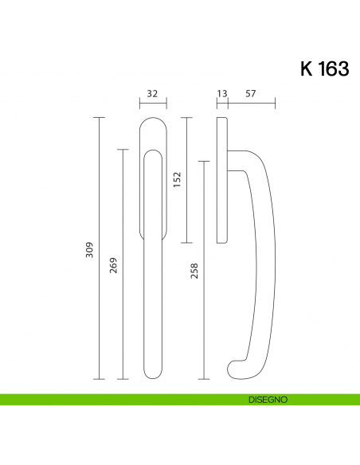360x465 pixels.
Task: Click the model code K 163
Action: coord(324,69)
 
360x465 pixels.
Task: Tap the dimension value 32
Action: coord(153,94)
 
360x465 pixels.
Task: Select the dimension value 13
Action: coord(222,94)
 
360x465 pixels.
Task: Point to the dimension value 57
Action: coord(251,94)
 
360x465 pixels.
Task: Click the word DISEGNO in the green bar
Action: coord(266,399)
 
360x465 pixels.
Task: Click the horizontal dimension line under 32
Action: coord(153,103)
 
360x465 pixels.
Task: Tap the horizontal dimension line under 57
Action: coord(252,103)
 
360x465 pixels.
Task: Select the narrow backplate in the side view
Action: coord(222,179)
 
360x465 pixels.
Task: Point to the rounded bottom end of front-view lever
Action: coord(153,373)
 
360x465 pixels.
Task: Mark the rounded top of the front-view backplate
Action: coord(153,123)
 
